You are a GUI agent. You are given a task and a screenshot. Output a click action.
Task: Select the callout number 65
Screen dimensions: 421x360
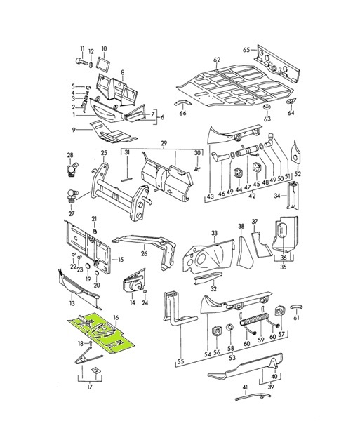(246, 51)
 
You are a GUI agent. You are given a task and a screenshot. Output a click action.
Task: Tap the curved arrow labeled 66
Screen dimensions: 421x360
(184, 112)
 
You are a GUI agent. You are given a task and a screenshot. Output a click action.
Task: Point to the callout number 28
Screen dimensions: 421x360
(69, 155)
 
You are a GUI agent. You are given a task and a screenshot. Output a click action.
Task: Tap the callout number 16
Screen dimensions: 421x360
(116, 319)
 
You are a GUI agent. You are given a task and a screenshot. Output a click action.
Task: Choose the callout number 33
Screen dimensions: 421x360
(214, 233)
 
